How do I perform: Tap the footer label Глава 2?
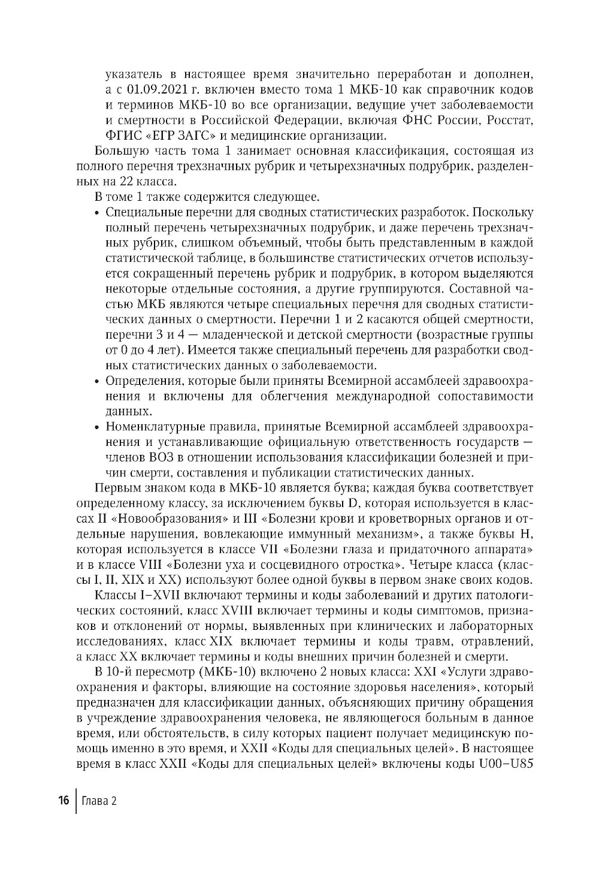click(x=99, y=801)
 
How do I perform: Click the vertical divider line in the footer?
click(x=76, y=801)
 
